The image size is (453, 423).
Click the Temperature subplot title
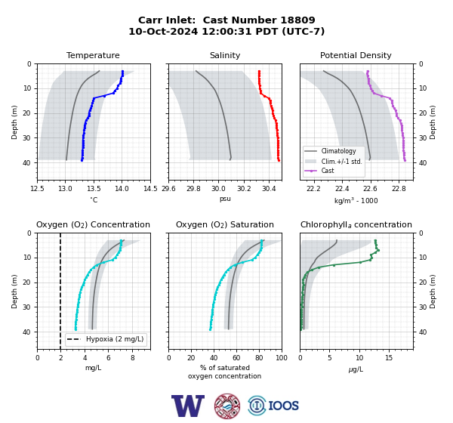click(x=93, y=55)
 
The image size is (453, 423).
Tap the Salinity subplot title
click(x=225, y=55)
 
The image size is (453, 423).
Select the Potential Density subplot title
click(x=356, y=55)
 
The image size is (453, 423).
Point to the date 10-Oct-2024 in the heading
click(x=163, y=31)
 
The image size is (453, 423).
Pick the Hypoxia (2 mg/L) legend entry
click(x=106, y=339)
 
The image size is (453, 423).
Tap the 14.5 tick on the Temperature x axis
click(x=150, y=189)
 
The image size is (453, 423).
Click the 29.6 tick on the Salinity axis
click(x=168, y=189)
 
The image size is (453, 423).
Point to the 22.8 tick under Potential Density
click(x=399, y=189)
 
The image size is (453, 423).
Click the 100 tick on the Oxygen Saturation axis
click(x=282, y=358)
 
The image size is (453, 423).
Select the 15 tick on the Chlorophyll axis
click(x=389, y=358)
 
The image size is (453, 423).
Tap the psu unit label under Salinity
click(x=225, y=199)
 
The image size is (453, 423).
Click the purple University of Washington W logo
click(x=188, y=406)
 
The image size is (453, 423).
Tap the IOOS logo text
click(x=284, y=406)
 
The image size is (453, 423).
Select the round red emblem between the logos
click(x=227, y=406)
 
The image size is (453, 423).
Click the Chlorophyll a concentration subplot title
click(x=356, y=224)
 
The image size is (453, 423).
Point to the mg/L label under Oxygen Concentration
click(x=93, y=368)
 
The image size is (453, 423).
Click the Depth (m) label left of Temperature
click(x=14, y=122)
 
